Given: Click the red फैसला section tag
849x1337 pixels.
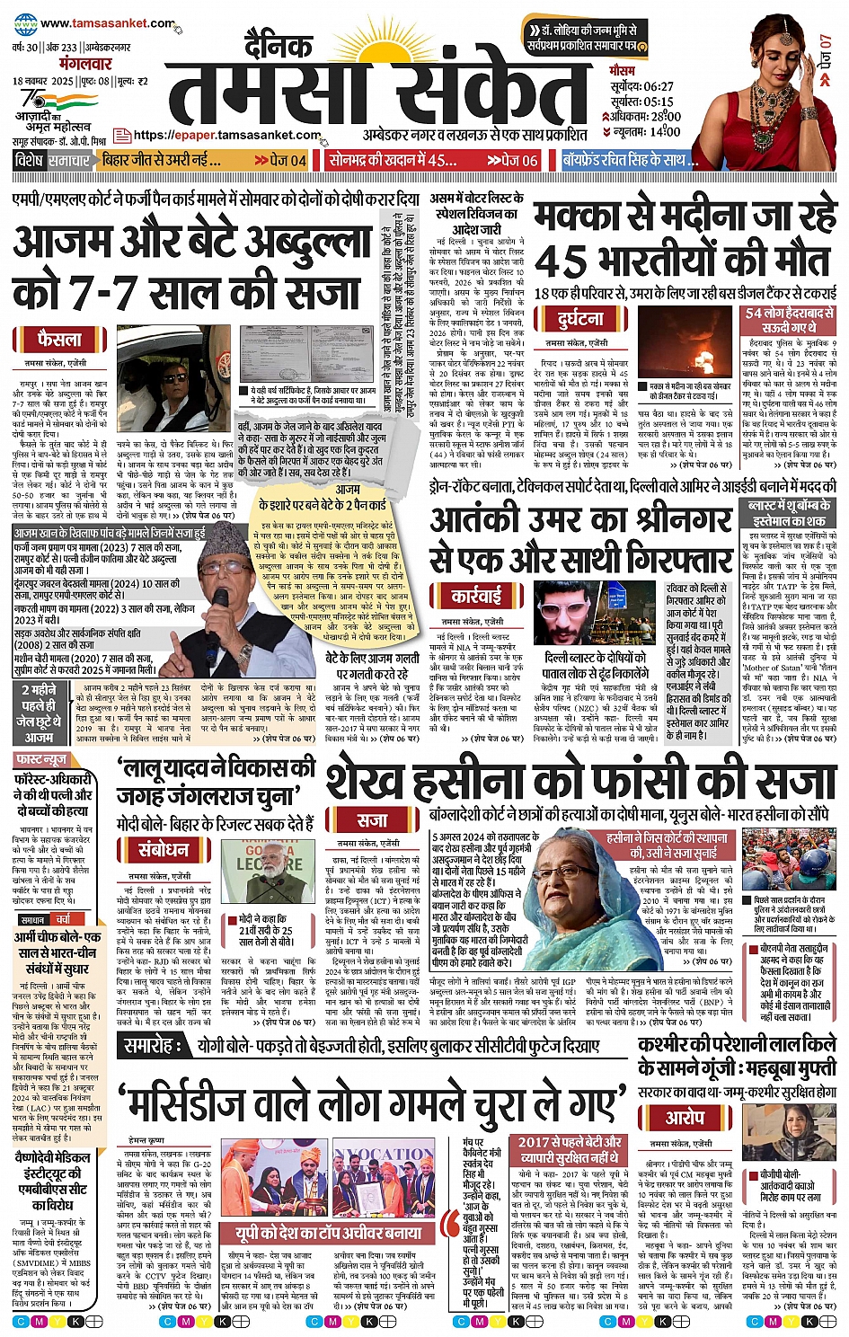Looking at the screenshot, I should [60, 340].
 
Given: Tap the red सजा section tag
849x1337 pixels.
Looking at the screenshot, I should [371, 819].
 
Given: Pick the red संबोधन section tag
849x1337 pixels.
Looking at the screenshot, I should [163, 850].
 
